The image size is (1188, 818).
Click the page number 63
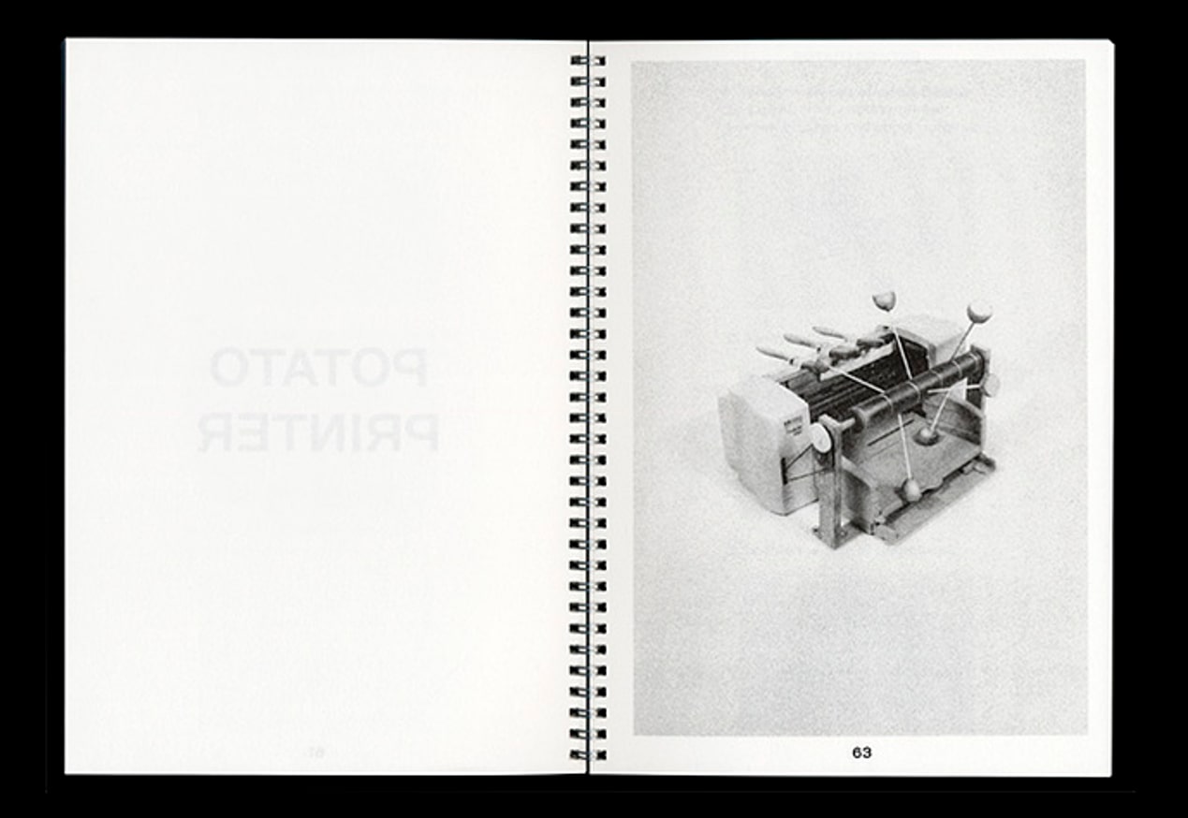point(861,752)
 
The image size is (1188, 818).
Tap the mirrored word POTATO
point(318,368)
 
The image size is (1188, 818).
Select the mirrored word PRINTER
point(318,432)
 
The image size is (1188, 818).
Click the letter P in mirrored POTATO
point(409,368)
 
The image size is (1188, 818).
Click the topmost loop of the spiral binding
point(587,61)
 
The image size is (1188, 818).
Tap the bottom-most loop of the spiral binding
point(587,753)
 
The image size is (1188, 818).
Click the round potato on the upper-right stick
point(979,310)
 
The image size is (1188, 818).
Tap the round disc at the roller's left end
point(821,436)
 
